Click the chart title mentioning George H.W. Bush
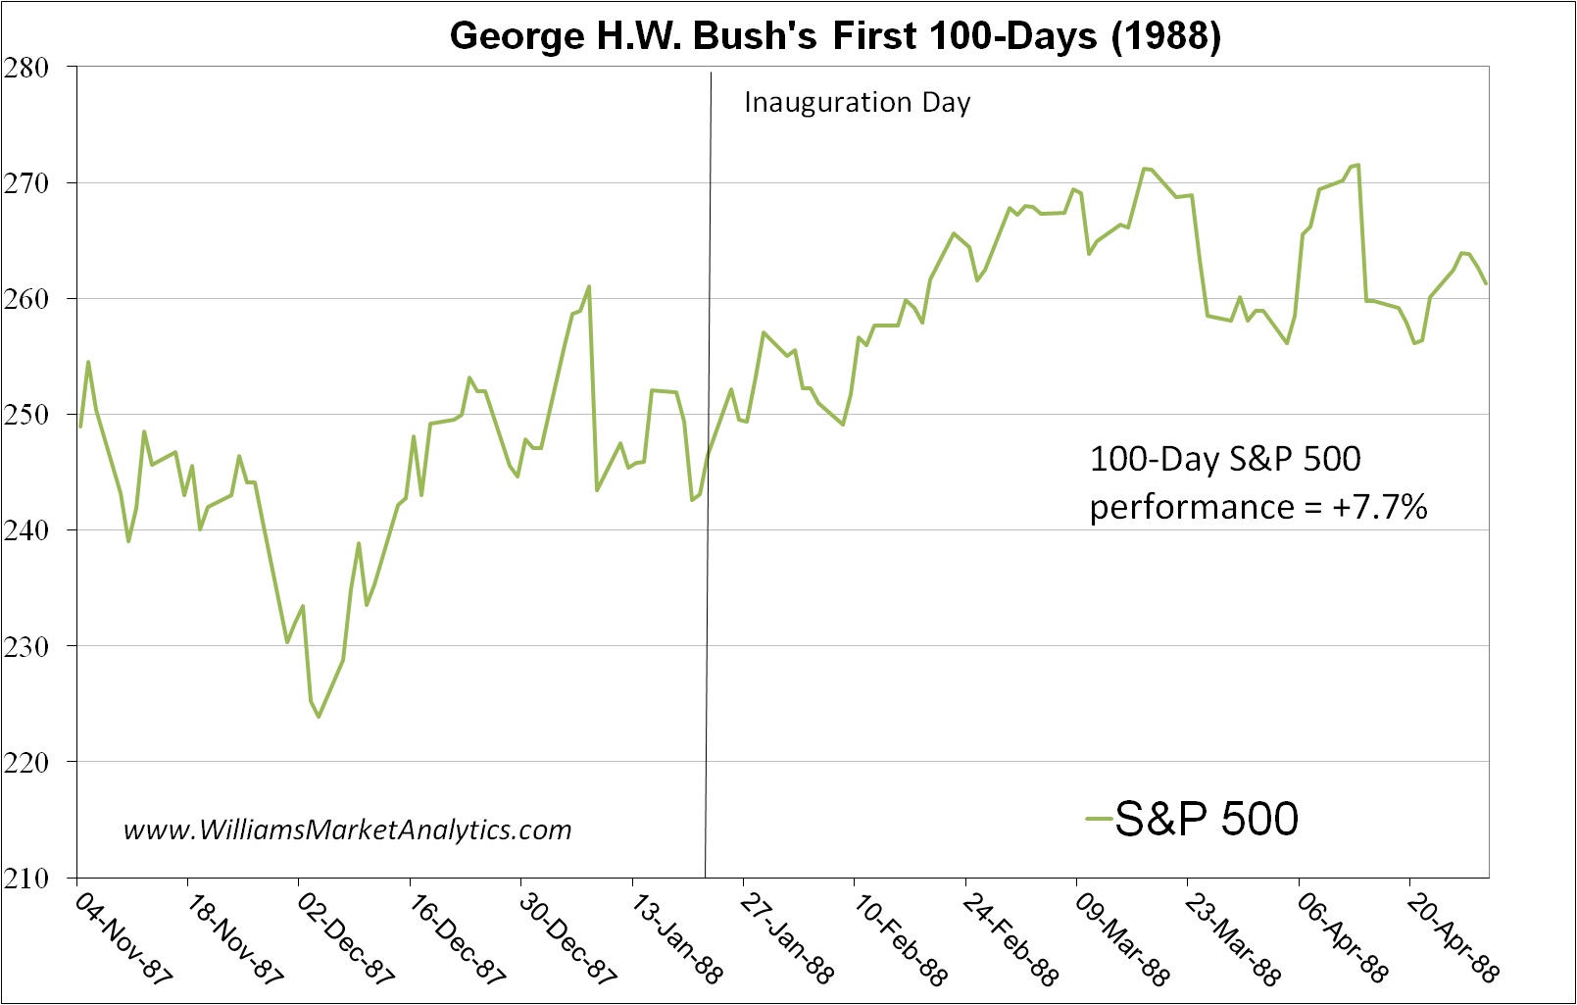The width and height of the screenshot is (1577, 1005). coord(835,36)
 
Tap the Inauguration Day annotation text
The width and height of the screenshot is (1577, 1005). coord(857,102)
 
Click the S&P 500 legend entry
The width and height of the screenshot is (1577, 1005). coord(1193,819)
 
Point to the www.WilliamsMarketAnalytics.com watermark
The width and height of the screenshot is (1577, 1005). coord(347,829)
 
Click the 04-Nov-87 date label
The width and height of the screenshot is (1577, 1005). coord(123,937)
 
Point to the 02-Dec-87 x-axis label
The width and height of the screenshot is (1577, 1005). coord(345,937)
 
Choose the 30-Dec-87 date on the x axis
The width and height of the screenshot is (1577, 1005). coord(567,937)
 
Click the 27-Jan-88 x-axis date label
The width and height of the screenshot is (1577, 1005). coord(787,937)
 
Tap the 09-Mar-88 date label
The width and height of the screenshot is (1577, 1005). coord(1121,937)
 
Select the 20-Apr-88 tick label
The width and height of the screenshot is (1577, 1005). coord(1453,937)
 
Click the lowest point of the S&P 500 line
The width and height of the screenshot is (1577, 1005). coord(319,717)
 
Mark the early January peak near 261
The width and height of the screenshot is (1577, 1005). coord(588,286)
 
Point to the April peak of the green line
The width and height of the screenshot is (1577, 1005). coord(1358,165)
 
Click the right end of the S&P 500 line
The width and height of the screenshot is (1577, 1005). coord(1487,283)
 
